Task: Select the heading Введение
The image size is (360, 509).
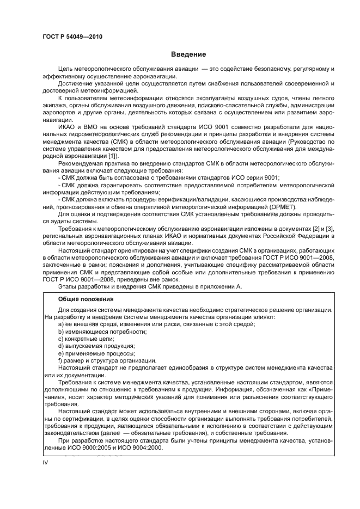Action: (188, 54)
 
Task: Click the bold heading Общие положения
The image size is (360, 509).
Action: (86, 299)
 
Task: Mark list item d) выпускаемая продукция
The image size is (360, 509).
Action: (96, 346)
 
